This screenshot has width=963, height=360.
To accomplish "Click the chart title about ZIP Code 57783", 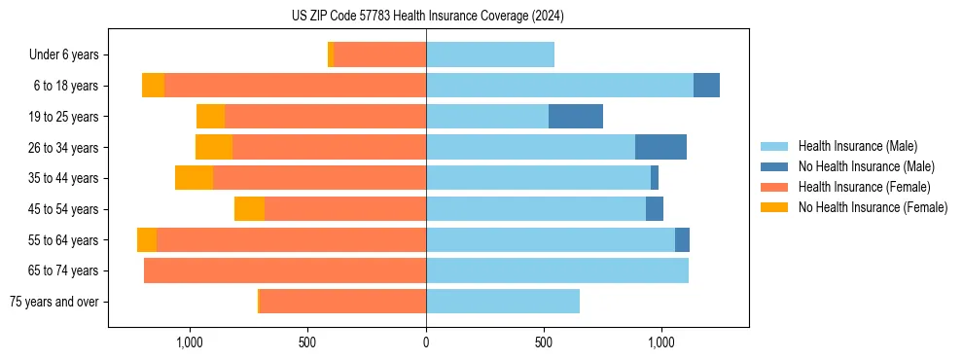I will click(427, 17).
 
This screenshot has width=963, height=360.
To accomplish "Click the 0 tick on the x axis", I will click(426, 343).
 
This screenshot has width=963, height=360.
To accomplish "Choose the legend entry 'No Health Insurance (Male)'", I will click(866, 166).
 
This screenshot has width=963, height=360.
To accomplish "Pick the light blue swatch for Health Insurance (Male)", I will click(774, 146).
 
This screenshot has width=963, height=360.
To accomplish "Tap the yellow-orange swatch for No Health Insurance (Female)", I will click(774, 207).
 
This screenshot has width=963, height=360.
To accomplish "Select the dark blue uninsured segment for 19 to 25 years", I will click(576, 117).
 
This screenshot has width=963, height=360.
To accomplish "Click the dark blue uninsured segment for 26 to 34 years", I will click(660, 147).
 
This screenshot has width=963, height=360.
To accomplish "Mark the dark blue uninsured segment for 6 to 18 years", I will click(706, 86).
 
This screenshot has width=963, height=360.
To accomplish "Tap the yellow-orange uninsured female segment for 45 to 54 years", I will click(249, 209).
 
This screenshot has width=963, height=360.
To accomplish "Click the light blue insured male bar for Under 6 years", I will click(490, 54).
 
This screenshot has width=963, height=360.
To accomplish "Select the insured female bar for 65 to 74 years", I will click(285, 270).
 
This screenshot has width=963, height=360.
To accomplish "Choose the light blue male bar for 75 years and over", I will click(503, 302).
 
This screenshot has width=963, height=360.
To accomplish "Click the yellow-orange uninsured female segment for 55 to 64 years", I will click(147, 239).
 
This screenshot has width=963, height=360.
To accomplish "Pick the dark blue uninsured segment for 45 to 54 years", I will click(655, 209).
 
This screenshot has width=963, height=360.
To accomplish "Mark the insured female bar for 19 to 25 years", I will click(325, 117).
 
